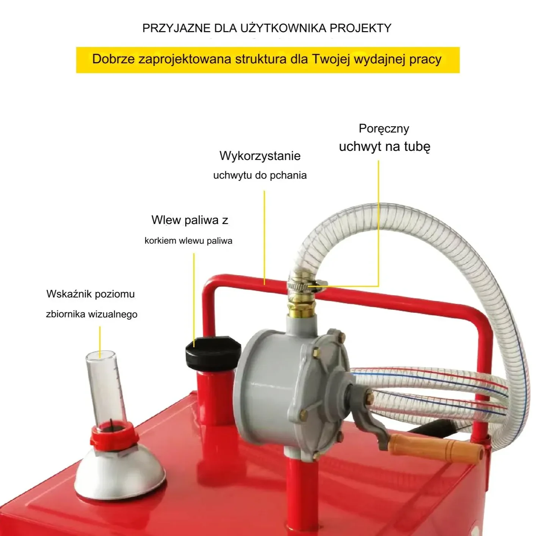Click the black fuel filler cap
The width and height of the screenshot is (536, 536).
click(x=213, y=353)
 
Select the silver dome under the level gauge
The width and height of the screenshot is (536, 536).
click(x=120, y=470)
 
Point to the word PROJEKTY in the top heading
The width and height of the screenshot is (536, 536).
click(x=360, y=28)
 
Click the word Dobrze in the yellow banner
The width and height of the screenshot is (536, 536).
click(x=113, y=59)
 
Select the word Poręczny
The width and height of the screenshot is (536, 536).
click(x=384, y=129)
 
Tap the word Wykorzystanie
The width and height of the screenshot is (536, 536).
click(x=260, y=156)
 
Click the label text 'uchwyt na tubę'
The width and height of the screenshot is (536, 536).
click(x=384, y=147)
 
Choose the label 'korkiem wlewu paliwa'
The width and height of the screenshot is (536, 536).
click(x=188, y=241)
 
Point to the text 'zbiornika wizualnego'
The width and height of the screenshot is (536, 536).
click(x=91, y=314)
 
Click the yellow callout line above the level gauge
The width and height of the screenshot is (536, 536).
click(x=100, y=342)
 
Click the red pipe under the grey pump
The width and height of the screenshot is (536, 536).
click(x=302, y=498)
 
